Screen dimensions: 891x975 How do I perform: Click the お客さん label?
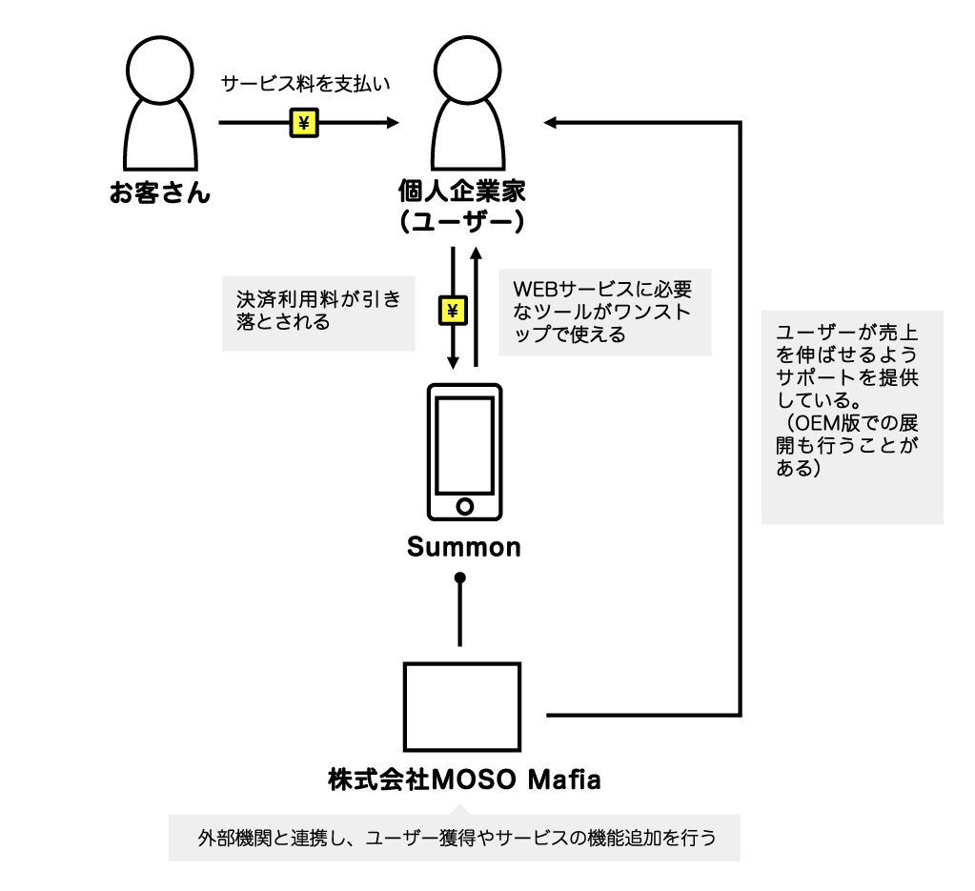(x=159, y=195)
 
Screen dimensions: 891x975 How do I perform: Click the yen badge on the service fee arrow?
(x=304, y=123)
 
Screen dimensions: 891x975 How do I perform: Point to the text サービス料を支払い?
(x=307, y=84)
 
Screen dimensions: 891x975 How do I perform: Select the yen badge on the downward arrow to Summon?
(x=454, y=310)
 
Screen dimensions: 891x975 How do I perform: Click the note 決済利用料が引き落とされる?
(x=318, y=312)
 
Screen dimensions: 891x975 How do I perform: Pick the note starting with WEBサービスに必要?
(x=604, y=312)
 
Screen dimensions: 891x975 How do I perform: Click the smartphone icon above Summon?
(x=463, y=452)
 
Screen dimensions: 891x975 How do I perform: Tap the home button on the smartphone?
(x=464, y=505)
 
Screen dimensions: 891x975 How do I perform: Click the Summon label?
(x=464, y=547)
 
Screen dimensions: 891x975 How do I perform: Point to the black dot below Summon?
(x=460, y=577)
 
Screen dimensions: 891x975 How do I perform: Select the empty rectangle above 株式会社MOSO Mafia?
(x=462, y=707)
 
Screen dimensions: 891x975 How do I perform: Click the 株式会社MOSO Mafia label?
(x=464, y=781)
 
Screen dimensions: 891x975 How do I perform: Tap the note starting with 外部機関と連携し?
(x=456, y=839)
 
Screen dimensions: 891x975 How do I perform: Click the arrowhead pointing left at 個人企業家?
(x=552, y=123)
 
